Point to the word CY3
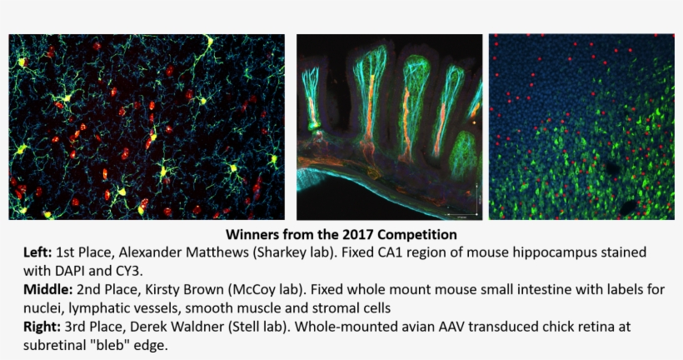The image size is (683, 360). click(132, 269)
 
